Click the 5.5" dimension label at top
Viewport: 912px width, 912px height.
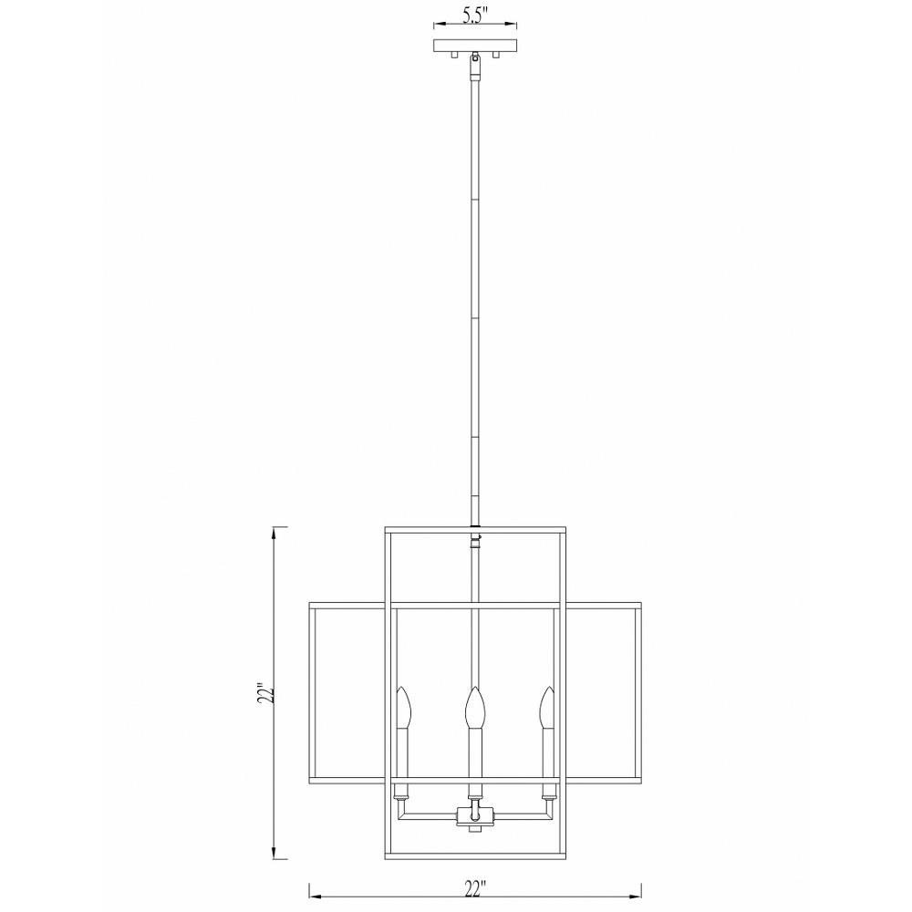[x=474, y=16]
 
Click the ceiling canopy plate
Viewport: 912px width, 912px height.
[x=475, y=45]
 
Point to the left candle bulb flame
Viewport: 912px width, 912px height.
[x=404, y=708]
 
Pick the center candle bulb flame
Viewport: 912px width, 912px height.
[x=474, y=708]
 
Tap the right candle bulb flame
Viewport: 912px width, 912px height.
[x=546, y=708]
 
